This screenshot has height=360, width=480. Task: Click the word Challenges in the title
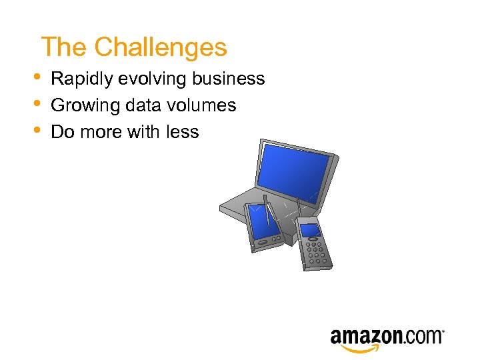coord(161,47)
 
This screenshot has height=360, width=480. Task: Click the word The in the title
coord(64,47)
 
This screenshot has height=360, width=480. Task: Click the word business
coord(229,79)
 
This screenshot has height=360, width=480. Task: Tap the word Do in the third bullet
coord(62,132)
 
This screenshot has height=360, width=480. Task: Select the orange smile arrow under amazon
coord(360,349)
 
